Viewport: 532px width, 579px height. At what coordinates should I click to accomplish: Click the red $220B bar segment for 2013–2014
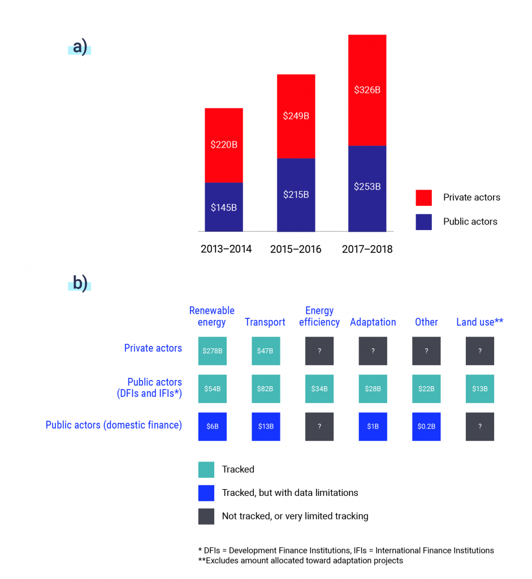224,145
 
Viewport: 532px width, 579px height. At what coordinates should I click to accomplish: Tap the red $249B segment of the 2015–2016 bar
296,116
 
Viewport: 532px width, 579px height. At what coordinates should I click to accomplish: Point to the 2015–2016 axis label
296,249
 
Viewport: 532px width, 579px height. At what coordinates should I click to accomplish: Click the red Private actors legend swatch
423,197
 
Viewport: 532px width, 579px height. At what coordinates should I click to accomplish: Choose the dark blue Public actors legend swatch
423,222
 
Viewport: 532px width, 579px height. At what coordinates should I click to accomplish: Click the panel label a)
80,47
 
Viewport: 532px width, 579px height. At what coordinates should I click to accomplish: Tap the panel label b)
80,283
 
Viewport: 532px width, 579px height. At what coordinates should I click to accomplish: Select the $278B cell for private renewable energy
213,351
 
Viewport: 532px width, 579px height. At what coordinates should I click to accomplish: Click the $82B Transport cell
265,389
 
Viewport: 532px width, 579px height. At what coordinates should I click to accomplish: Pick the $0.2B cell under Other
426,426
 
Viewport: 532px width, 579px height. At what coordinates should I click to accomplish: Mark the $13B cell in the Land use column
480,389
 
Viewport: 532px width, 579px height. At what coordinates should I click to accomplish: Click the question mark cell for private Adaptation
373,351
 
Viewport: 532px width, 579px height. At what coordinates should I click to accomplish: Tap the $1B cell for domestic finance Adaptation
373,426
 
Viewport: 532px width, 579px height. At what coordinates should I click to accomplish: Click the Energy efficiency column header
319,317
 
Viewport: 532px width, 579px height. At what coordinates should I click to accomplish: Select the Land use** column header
479,322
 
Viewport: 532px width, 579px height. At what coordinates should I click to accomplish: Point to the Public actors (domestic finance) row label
114,425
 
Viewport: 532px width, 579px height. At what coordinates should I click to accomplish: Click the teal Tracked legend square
206,469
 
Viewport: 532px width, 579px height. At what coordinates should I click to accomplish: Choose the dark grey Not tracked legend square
206,516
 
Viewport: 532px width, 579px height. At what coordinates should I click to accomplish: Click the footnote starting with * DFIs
346,551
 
